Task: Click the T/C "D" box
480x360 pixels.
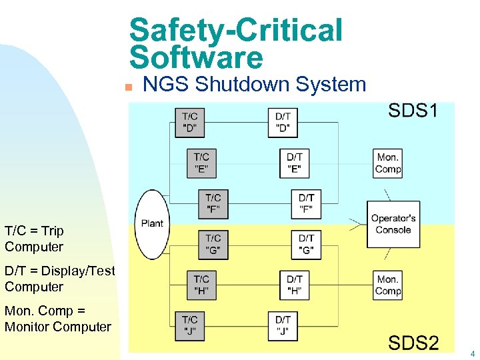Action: click(190, 123)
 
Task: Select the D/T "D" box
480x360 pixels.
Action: click(283, 123)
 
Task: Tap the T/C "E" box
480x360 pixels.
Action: click(201, 163)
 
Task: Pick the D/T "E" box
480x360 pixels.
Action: click(295, 163)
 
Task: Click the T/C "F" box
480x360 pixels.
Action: click(213, 204)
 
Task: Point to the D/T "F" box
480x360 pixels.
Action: click(306, 204)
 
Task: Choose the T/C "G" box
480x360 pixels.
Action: click(213, 245)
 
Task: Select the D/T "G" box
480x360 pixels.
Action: click(306, 245)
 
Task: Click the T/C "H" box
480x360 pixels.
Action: click(201, 285)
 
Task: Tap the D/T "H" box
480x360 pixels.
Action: click(295, 285)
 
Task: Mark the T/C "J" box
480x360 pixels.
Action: click(190, 325)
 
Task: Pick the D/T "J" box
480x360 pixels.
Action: click(283, 325)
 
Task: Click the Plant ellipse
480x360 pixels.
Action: click(152, 224)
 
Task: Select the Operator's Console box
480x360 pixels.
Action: click(393, 224)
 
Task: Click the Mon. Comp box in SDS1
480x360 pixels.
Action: click(388, 163)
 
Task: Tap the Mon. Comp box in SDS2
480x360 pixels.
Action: click(388, 285)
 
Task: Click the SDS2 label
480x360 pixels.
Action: click(413, 343)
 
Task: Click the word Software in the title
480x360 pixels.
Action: click(197, 58)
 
